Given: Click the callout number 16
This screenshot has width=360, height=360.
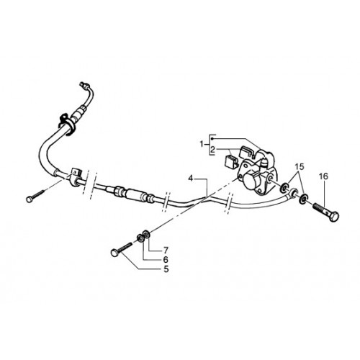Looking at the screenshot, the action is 323,176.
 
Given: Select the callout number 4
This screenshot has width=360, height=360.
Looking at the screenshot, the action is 191,179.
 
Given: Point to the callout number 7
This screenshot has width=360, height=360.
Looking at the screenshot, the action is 166,251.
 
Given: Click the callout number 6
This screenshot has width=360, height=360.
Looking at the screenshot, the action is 166,260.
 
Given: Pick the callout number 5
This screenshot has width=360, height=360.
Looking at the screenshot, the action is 166,269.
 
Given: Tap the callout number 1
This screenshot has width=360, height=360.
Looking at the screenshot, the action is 202,145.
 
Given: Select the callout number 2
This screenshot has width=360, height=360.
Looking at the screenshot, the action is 212,150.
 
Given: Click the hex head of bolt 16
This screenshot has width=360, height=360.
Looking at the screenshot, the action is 334,217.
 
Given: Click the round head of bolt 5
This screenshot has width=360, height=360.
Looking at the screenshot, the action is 115,253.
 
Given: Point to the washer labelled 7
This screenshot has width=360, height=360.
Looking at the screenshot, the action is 146,233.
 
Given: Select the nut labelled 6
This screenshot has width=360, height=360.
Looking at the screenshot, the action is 140,238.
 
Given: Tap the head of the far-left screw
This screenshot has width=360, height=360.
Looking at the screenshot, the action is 30,199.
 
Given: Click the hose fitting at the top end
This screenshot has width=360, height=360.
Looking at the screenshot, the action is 84,84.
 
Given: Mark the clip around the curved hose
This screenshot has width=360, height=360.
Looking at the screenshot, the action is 67,124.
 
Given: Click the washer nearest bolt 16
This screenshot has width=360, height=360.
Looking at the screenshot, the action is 304,199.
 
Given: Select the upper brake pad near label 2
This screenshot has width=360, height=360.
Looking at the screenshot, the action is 246,150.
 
